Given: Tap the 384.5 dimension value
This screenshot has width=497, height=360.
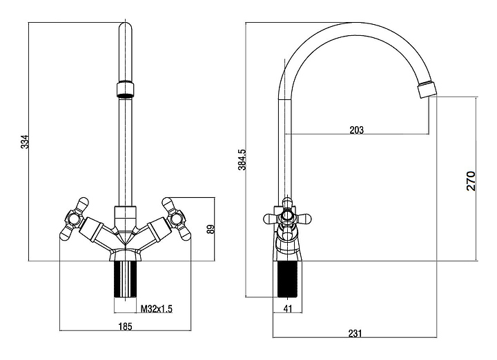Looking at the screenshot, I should (242, 159).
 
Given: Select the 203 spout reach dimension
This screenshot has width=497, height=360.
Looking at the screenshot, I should (357, 129).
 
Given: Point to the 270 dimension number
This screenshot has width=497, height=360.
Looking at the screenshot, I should (471, 180).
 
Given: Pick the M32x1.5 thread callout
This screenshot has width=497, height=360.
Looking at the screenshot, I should (156, 309).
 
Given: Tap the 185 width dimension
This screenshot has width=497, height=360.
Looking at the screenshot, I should (126, 326).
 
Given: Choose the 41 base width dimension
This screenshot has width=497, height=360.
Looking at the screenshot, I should (288, 309).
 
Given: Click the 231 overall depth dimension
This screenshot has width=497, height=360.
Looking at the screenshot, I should (354, 333).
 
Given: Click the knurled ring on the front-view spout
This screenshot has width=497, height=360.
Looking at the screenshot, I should (125, 89).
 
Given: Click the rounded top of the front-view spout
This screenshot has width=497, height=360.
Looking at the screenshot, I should (125, 29).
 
